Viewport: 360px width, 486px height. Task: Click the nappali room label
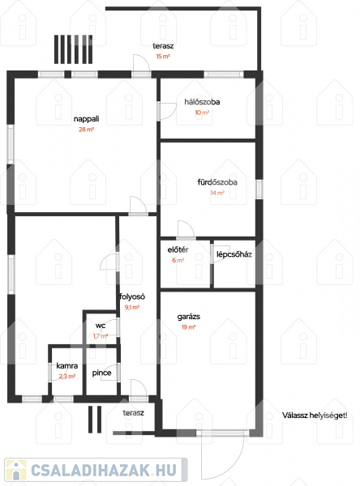tap(86, 119)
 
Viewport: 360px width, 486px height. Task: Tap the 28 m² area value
tap(86, 130)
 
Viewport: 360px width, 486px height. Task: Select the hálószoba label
tap(202, 102)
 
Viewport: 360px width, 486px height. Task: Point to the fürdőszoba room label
tap(217, 182)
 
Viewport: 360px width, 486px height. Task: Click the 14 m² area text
tap(217, 193)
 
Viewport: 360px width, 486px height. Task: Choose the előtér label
tap(178, 249)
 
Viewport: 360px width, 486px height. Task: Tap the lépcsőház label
tap(234, 254)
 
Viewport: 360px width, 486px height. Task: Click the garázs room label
tap(189, 317)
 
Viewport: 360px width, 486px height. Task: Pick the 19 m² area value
tap(188, 327)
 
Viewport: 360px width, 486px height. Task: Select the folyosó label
tap(132, 296)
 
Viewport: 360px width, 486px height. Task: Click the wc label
tap(101, 326)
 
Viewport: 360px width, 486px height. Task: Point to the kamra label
tap(67, 366)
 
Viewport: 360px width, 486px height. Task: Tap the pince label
tap(102, 373)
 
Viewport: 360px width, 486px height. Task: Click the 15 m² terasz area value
tap(163, 57)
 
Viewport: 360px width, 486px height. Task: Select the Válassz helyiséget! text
tap(315, 416)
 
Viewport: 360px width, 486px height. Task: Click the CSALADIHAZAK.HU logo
tap(96, 471)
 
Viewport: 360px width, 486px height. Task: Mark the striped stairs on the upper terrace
tap(74, 49)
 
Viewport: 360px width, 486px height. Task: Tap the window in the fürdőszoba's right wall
tap(259, 190)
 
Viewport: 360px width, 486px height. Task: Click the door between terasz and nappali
tap(142, 66)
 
